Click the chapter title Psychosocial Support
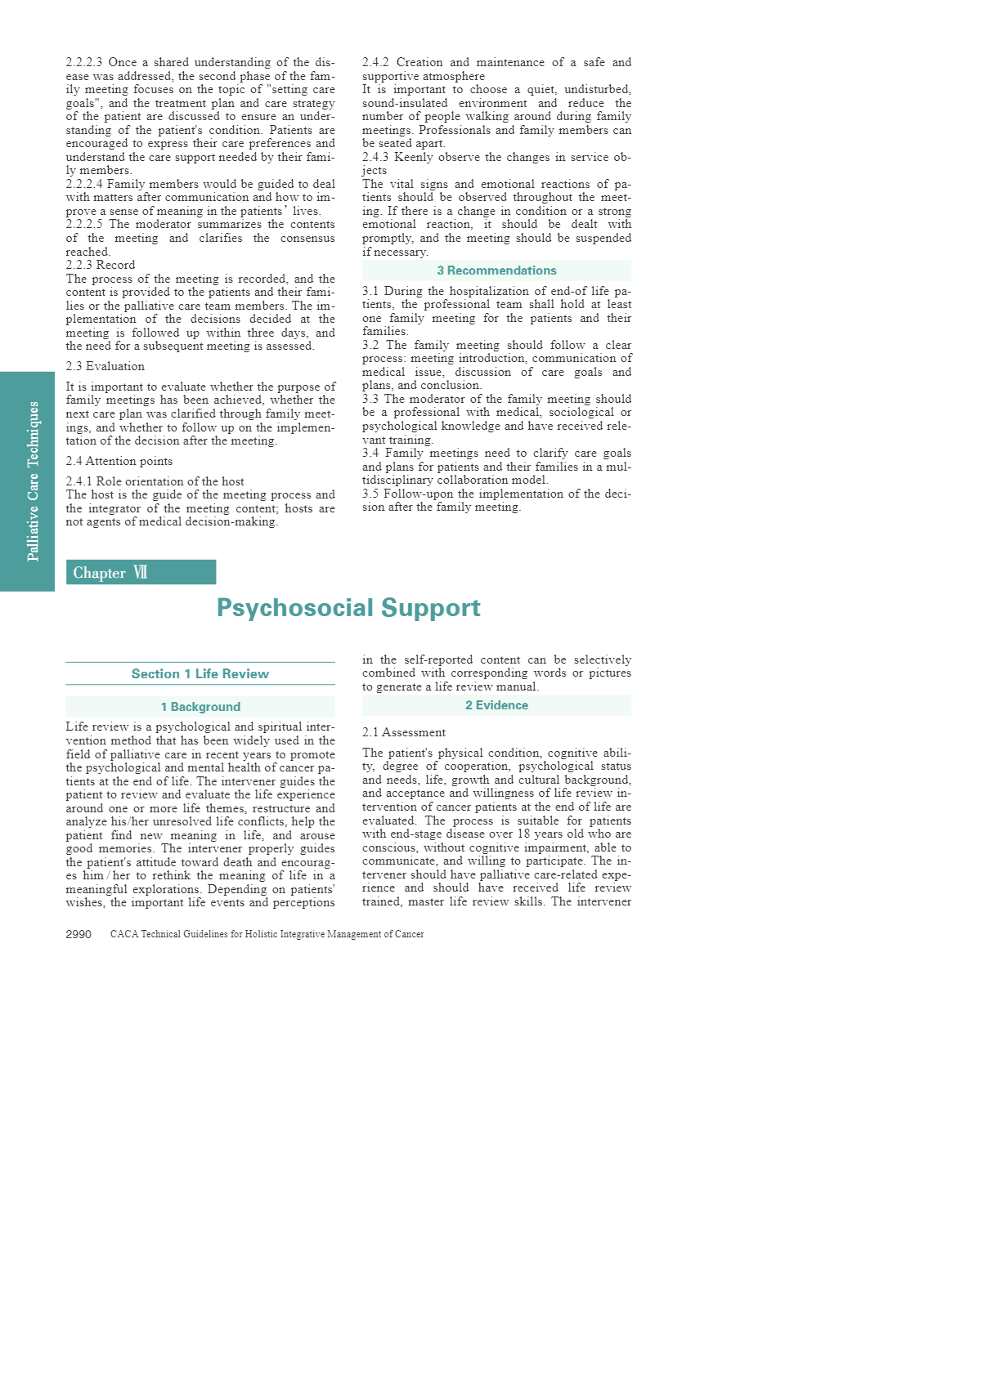[348, 608]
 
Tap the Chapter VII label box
[141, 572]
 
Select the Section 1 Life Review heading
[200, 673]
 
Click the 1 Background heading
[200, 707]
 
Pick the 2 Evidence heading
[496, 705]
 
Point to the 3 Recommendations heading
[496, 270]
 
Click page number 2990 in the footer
[79, 934]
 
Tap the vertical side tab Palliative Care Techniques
[33, 481]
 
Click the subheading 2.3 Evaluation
[105, 366]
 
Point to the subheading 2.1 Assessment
[404, 732]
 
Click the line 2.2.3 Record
[101, 265]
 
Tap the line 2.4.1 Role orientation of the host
[155, 481]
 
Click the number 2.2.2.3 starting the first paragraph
[84, 62]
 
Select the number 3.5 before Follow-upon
[370, 494]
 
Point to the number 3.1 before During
[370, 291]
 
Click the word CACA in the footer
[124, 934]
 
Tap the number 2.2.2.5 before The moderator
[84, 224]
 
